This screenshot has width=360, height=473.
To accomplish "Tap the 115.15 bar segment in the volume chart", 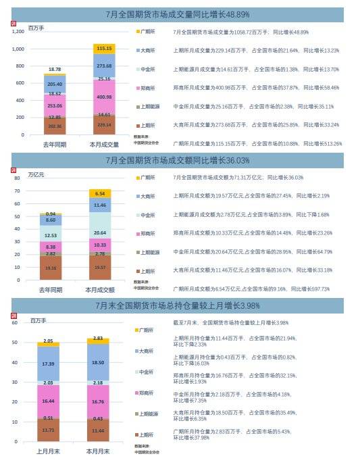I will (103, 49).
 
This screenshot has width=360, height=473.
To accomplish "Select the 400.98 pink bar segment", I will (103, 97).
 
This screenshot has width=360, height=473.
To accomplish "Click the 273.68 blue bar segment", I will (103, 66).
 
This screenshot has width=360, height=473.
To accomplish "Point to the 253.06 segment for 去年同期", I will (55, 106).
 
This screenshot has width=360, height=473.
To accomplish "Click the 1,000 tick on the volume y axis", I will (19, 49).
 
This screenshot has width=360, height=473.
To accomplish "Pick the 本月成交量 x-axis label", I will (104, 145).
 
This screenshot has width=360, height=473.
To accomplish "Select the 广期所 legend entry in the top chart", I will (149, 31).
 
